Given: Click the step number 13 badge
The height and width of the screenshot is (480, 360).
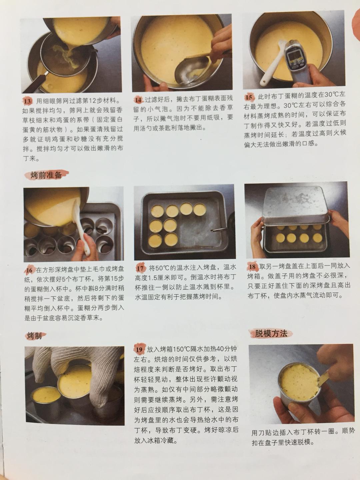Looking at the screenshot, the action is click(x=28, y=102).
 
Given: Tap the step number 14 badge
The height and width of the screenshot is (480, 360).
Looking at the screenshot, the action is click(x=139, y=100).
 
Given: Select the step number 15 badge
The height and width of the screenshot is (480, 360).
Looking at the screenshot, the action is click(x=249, y=97).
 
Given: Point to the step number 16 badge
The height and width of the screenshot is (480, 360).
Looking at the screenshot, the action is click(x=29, y=270).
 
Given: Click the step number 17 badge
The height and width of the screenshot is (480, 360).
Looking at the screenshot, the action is click(x=140, y=268).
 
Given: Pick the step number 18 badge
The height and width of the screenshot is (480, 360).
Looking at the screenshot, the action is click(x=252, y=266).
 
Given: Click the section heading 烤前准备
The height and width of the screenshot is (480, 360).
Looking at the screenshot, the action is click(x=46, y=175).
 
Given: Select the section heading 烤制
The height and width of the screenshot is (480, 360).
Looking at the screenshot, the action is click(x=35, y=336).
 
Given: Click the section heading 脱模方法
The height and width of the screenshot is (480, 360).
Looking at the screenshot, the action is click(x=271, y=333).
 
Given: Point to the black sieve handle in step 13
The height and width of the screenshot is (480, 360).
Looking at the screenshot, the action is click(x=35, y=83).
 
